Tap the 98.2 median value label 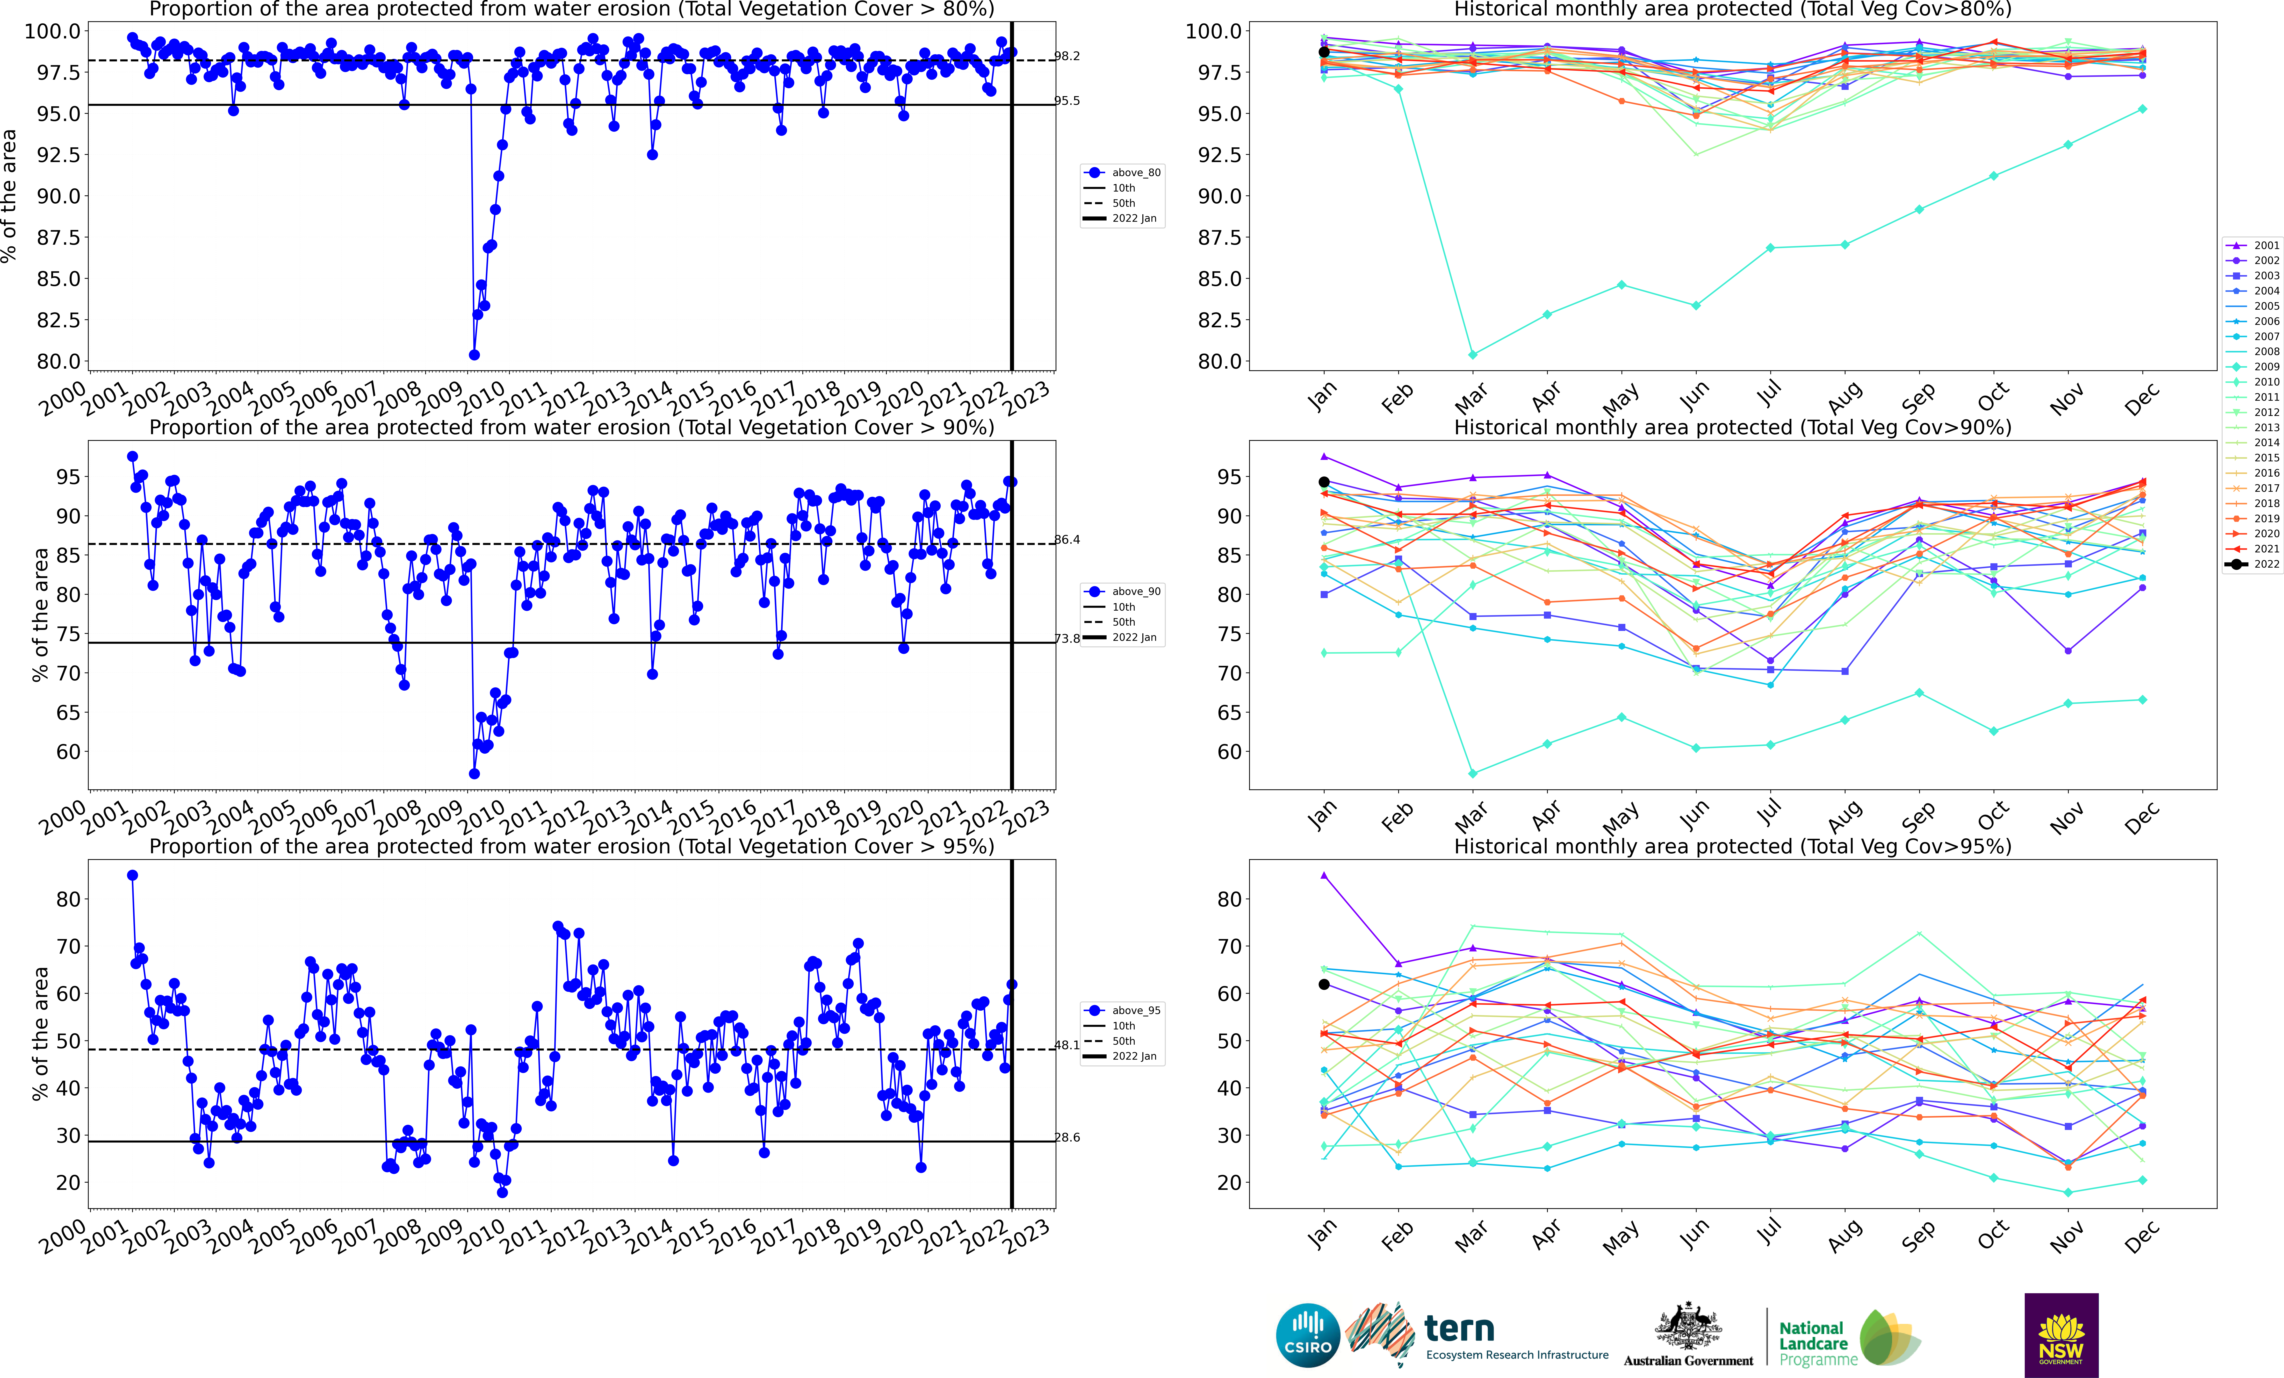[1067, 57]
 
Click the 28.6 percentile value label [1067, 1137]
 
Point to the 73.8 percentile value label [1067, 638]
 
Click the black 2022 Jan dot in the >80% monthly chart [1324, 52]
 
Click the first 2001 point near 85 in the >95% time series [133, 875]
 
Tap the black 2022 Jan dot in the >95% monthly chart [1324, 984]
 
